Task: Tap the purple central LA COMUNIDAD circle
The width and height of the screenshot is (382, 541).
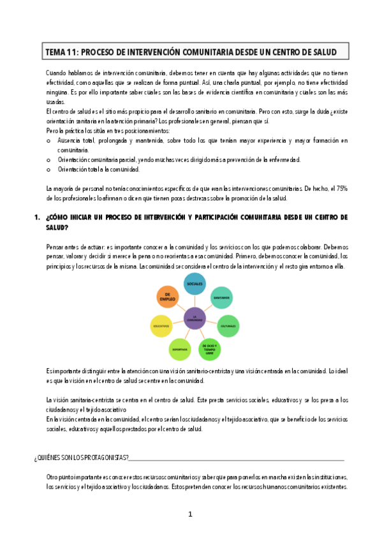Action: pyautogui.click(x=193, y=317)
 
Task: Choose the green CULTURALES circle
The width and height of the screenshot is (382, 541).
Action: pyautogui.click(x=228, y=325)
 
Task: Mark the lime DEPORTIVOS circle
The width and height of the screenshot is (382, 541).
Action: pyautogui.click(x=180, y=348)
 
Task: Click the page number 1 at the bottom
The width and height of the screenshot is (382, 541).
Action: pyautogui.click(x=190, y=514)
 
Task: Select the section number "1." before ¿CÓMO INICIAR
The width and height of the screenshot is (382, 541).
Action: pyautogui.click(x=38, y=218)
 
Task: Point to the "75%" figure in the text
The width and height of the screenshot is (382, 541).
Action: pyautogui.click(x=341, y=189)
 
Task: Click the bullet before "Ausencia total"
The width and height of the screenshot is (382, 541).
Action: pyautogui.click(x=48, y=140)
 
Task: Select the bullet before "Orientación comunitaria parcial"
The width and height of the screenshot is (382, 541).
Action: pyautogui.click(x=48, y=159)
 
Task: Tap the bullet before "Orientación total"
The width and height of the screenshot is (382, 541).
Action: pyautogui.click(x=48, y=169)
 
